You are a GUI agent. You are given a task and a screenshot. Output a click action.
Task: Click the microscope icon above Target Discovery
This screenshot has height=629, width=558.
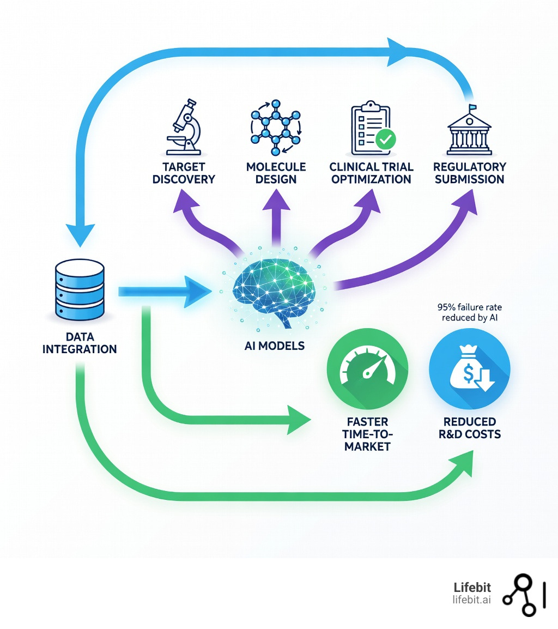[184, 126]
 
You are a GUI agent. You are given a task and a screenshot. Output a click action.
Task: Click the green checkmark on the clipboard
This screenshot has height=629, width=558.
[386, 140]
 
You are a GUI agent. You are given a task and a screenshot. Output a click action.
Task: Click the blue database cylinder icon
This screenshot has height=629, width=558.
[80, 290]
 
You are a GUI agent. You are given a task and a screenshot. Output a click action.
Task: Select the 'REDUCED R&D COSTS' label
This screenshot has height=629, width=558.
[470, 428]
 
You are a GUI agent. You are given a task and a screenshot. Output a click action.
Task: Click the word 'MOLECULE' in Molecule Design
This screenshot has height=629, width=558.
[276, 167]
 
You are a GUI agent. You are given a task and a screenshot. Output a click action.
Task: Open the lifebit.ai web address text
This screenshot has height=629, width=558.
[471, 600]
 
